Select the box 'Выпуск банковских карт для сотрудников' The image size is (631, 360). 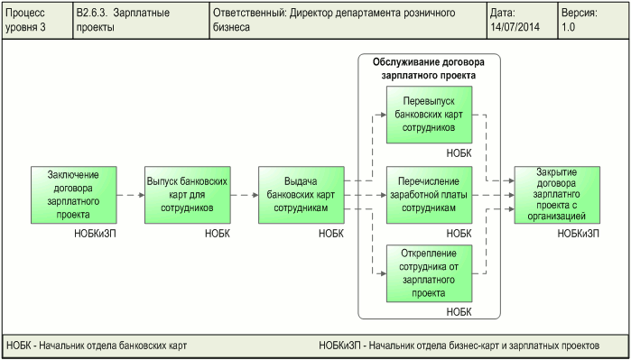pos(187,194)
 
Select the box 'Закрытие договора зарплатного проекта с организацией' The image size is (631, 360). pos(556,194)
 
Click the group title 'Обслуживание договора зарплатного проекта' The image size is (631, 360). pos(428,69)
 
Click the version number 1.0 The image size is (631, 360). pos(568,28)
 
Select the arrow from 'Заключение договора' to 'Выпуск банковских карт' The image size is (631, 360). pos(130,194)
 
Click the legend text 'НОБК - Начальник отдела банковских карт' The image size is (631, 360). pos(97,346)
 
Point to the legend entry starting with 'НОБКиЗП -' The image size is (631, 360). pos(459,346)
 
